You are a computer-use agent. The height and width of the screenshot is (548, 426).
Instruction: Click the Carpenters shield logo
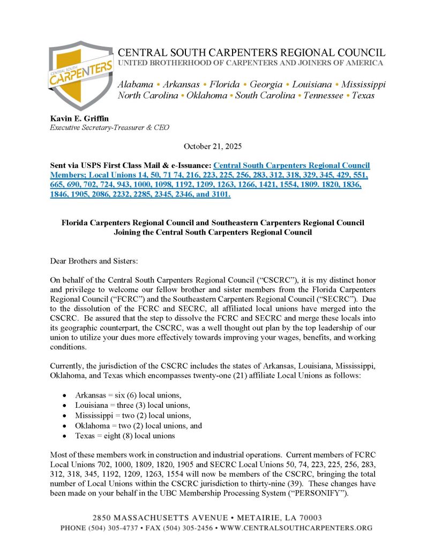(x=81, y=74)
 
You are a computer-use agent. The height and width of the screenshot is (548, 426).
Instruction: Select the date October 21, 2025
(x=213, y=146)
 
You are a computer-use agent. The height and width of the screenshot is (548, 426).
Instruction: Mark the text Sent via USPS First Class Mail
(x=103, y=165)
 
